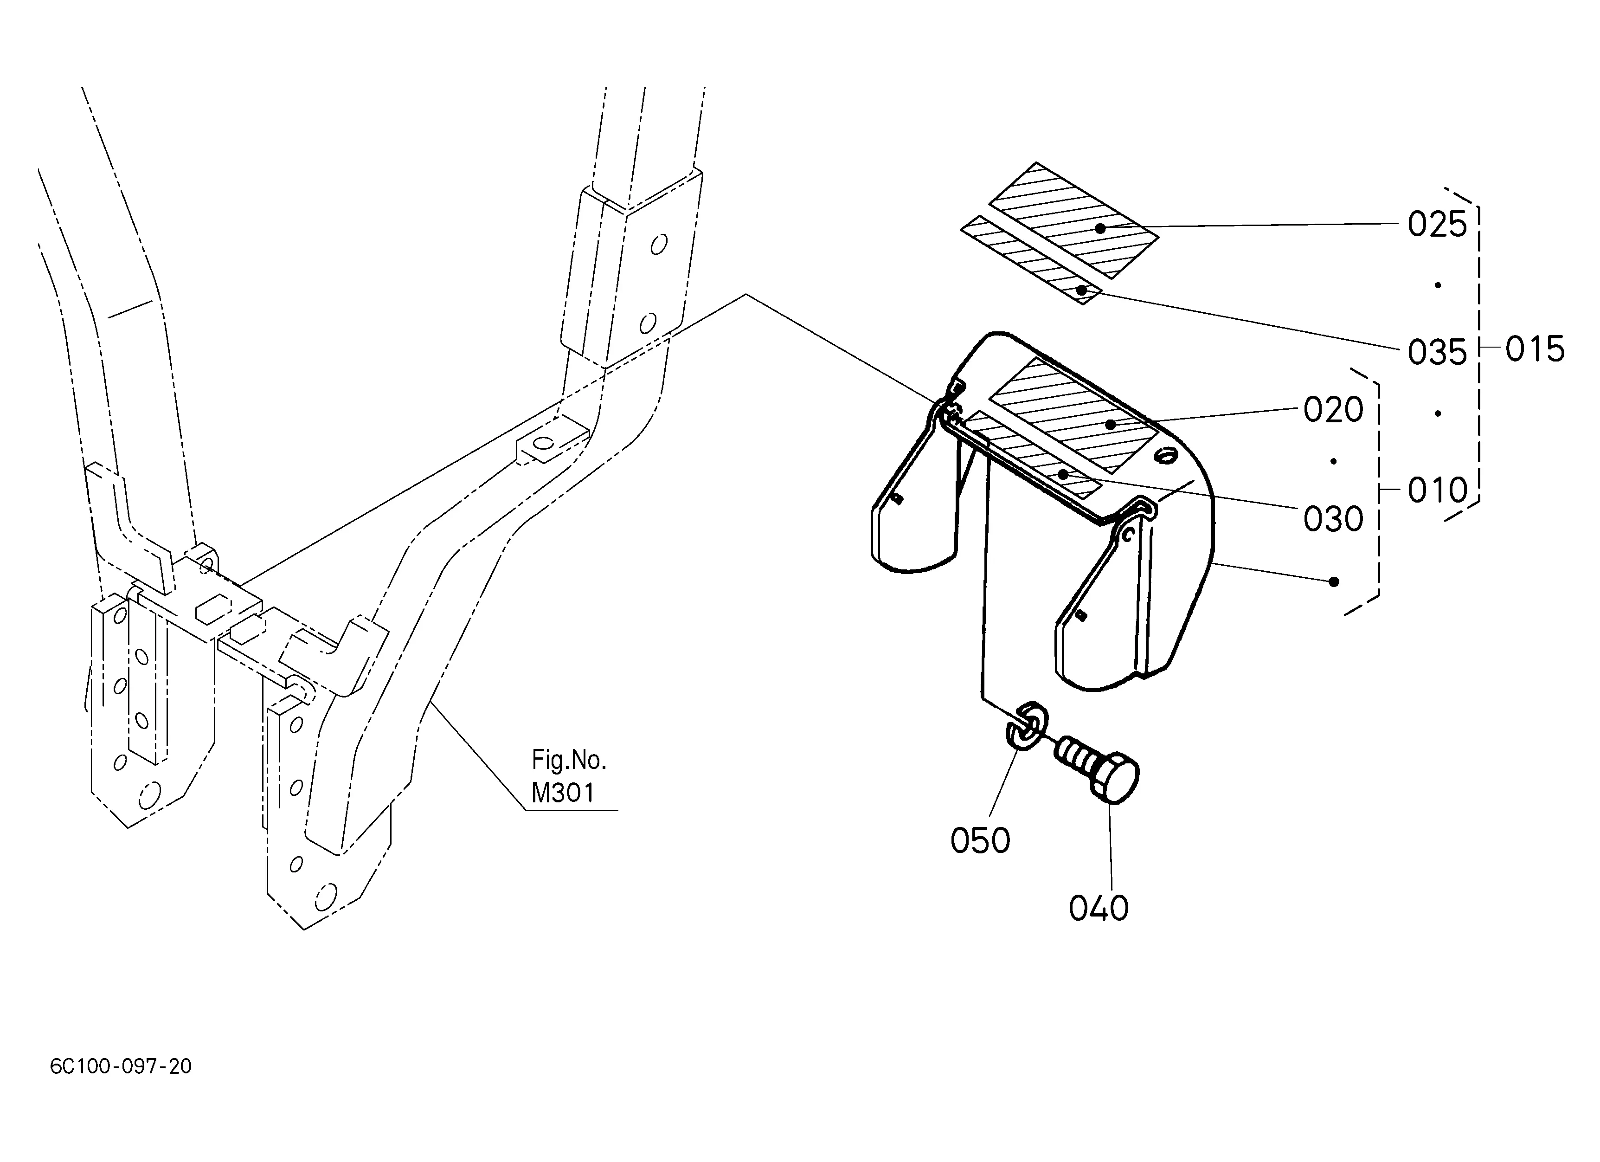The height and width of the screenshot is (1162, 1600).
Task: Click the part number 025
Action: (1437, 224)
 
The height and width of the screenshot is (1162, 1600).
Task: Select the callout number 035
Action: (1437, 352)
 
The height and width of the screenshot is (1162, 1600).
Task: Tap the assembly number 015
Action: (1535, 349)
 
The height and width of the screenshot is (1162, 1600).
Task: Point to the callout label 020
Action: (1333, 409)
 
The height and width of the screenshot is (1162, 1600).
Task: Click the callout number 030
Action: (1333, 518)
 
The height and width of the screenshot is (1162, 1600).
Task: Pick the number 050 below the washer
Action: (980, 840)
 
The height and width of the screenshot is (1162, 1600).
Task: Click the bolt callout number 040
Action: (1099, 908)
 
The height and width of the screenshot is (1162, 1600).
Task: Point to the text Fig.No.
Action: (569, 760)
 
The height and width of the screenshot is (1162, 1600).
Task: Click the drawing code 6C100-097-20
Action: (121, 1066)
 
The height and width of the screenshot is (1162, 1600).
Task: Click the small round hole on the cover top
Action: (1165, 457)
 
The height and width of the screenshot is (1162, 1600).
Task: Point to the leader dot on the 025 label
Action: (1100, 228)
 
